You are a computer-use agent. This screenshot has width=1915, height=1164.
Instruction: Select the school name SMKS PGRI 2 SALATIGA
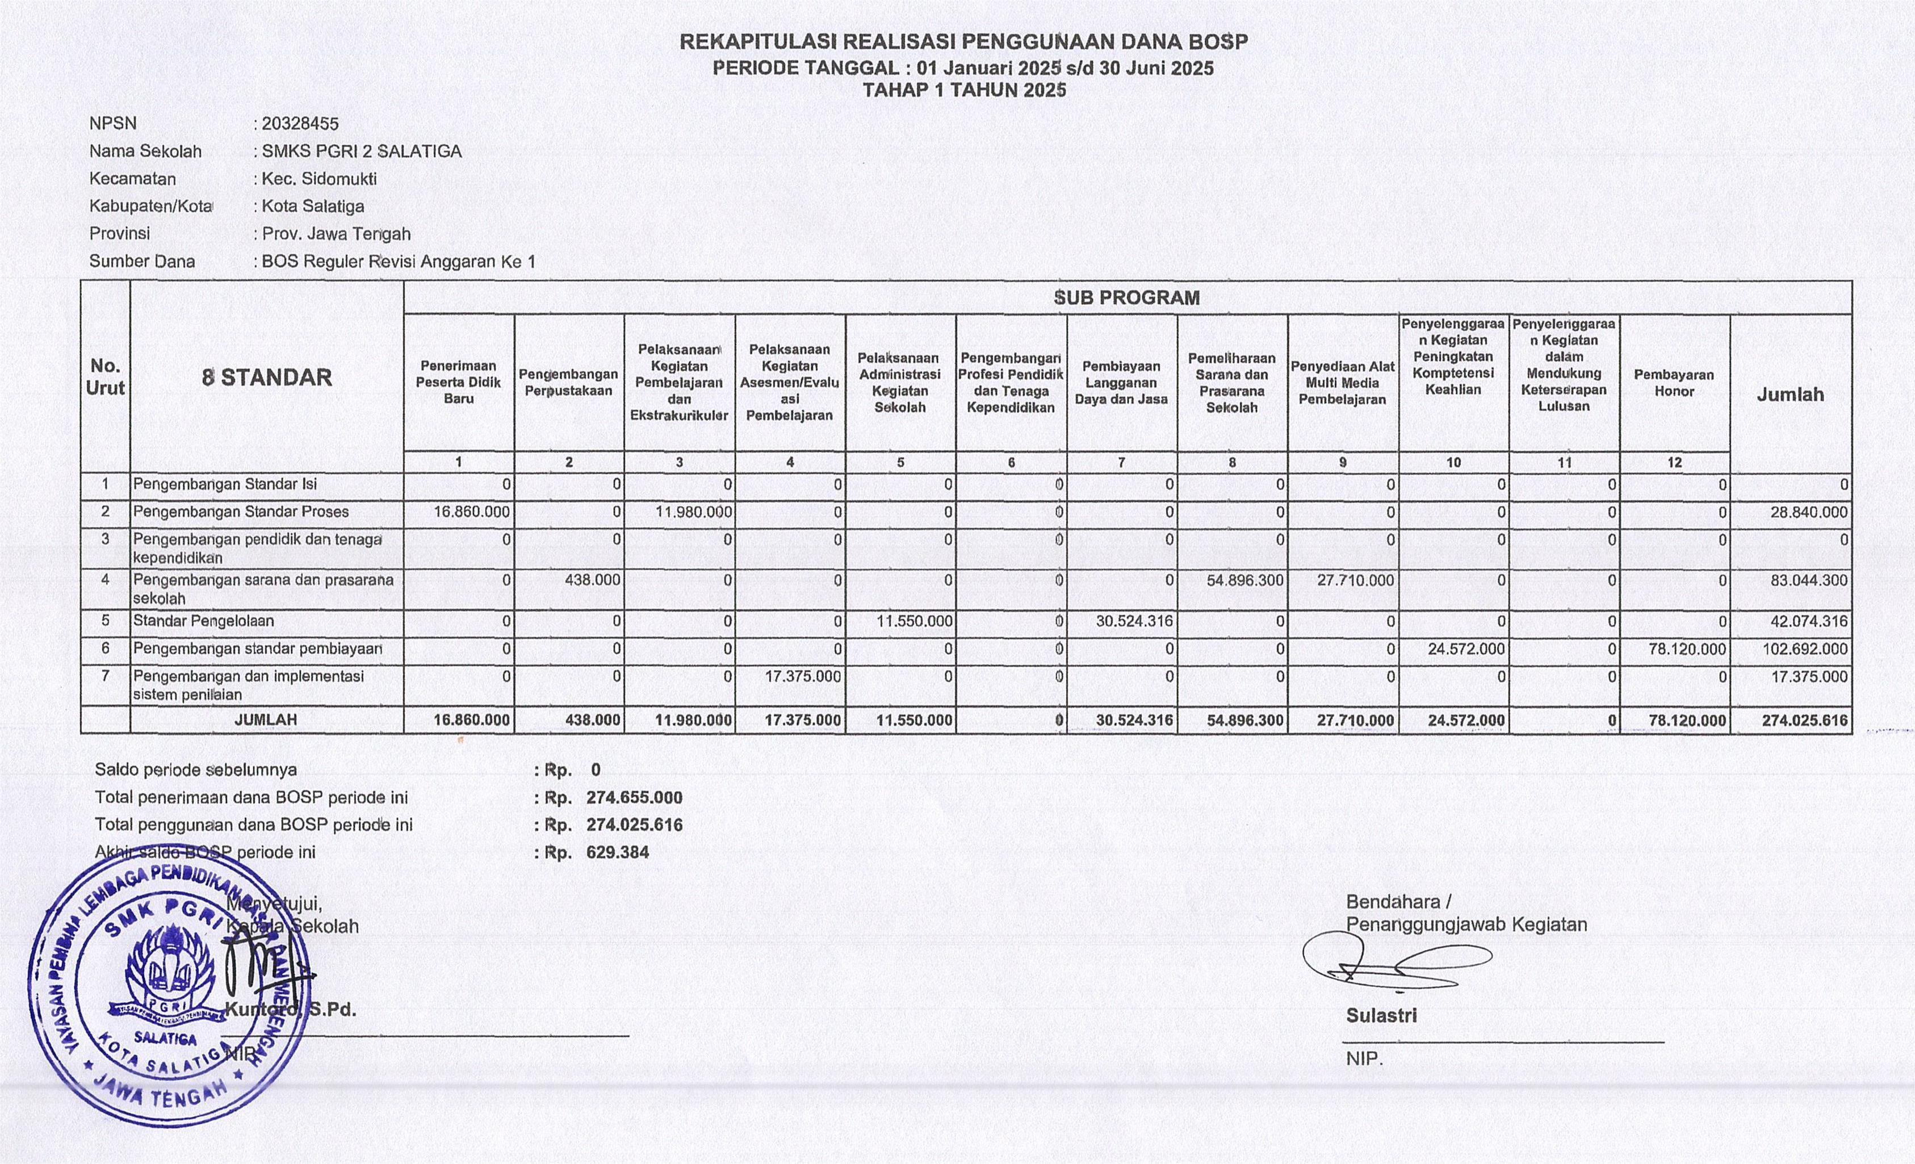[362, 152]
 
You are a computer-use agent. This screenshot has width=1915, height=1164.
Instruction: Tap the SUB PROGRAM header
[1126, 297]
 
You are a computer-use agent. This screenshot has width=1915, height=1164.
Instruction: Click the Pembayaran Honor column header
[1674, 383]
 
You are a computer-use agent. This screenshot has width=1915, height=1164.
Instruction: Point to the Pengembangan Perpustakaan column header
[568, 383]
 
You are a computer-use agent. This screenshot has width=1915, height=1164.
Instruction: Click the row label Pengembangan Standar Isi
[225, 485]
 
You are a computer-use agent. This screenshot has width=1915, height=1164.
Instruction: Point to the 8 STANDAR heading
[267, 377]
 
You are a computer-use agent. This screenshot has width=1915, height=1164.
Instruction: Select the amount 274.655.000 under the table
[634, 797]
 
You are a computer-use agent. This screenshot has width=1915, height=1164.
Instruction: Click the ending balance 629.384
[617, 852]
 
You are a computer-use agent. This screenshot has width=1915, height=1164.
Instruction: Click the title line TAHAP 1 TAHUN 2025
[963, 90]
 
